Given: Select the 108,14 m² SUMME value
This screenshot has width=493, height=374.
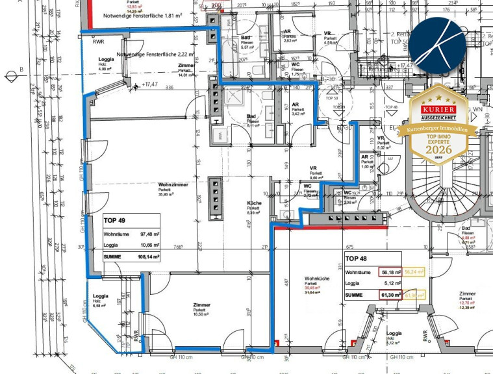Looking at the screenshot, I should pos(148,257).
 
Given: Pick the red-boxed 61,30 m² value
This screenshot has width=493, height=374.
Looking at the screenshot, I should pos(388,295).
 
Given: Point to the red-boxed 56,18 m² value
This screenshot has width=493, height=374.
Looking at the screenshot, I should pos(388,272).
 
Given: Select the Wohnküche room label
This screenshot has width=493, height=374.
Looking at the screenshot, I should pos(316,279).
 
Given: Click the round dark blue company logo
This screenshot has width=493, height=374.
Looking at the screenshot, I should pos(442,44).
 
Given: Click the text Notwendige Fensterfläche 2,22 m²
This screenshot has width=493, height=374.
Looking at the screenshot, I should pos(155,55).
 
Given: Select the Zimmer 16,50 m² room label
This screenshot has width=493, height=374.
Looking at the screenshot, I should pos(202,308).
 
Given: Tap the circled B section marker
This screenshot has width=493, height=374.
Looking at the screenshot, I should pos(12,76).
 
